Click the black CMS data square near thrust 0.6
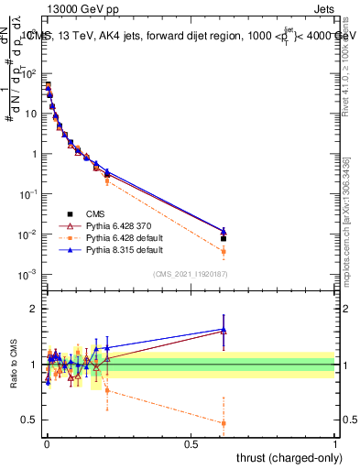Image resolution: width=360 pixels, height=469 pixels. [224, 238]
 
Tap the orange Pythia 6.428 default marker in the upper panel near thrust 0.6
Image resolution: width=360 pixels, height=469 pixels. [224, 251]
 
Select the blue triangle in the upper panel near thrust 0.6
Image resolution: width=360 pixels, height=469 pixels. [224, 231]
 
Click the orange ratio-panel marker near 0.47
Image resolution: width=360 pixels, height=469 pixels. [224, 423]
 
